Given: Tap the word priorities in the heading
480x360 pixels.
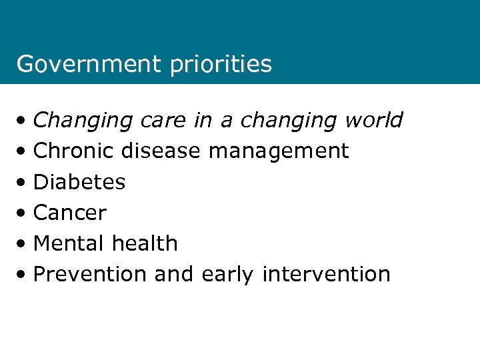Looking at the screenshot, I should coord(221,65).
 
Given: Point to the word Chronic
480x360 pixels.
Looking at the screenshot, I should coord(74,151).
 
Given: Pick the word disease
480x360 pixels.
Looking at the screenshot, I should coord(161,151).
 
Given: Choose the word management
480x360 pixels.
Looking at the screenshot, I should coord(279,152).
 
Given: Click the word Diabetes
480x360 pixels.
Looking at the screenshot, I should coord(79,181).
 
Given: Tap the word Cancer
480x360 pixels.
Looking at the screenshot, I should coord(70,213).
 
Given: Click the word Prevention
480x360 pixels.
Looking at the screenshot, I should coord(90,274).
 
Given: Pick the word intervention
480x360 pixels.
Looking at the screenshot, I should coord(327,274).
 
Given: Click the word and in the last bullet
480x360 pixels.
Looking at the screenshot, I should coord(173,274).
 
